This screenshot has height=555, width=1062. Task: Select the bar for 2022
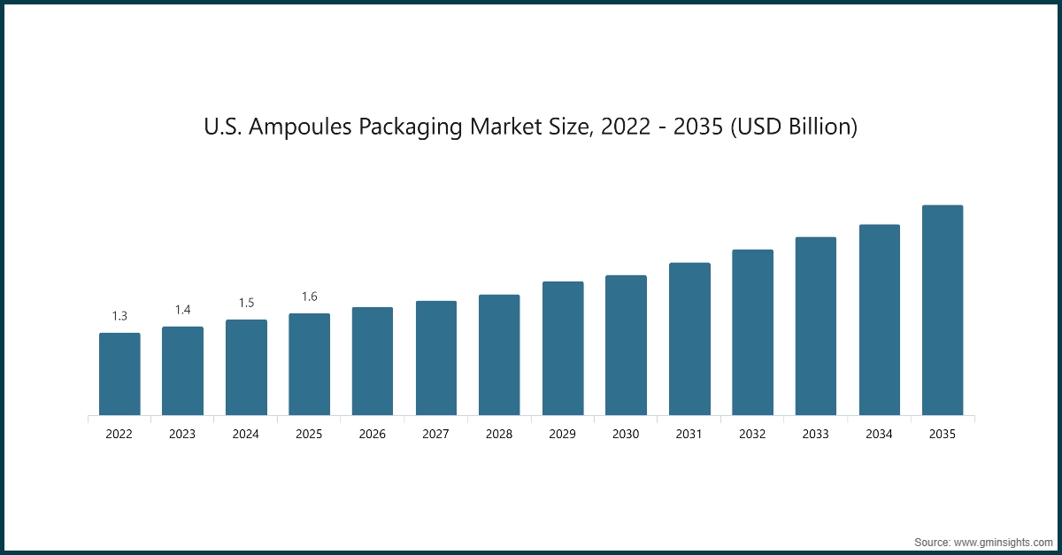[x=119, y=374]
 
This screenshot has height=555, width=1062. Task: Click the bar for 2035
[x=943, y=310]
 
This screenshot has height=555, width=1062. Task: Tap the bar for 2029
[x=563, y=348]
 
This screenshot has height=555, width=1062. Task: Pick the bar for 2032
[x=752, y=332]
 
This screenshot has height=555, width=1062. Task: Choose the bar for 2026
[x=373, y=361]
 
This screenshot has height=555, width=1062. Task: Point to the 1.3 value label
[x=119, y=316]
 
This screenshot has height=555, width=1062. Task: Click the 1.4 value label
[x=182, y=310]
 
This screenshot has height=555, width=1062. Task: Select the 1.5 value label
[x=246, y=303]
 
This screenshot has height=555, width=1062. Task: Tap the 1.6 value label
[x=309, y=297]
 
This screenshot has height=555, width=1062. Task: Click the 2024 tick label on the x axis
[x=246, y=435]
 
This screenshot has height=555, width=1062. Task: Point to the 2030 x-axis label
[x=626, y=435]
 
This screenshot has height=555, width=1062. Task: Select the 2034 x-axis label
[x=879, y=435]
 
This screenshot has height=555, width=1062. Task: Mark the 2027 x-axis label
[x=435, y=435]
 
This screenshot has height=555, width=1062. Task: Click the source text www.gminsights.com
[x=1004, y=541]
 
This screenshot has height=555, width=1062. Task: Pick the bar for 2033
[x=816, y=326]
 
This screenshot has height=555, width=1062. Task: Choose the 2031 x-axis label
[x=689, y=435]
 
